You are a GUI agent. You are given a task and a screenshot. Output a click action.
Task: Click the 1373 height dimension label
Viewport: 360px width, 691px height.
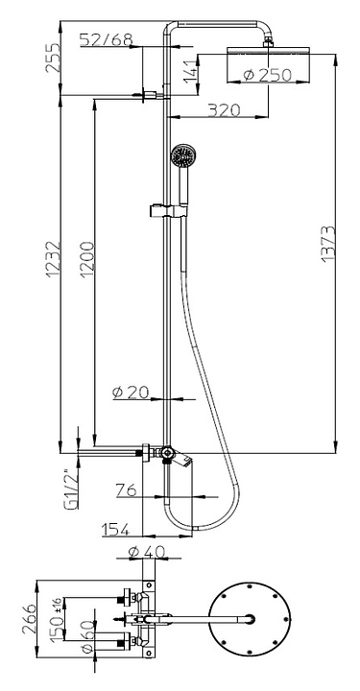point(328,245)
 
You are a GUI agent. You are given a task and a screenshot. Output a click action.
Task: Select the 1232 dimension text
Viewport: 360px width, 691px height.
point(53,259)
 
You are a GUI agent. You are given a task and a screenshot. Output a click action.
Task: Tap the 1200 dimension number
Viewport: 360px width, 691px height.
point(87,259)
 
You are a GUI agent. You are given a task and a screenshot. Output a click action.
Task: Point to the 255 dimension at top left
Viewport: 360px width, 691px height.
point(53,58)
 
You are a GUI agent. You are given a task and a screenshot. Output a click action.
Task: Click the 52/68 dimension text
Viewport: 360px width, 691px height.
point(107,39)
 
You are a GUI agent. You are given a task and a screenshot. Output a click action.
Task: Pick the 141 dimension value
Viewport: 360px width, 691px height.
point(190,72)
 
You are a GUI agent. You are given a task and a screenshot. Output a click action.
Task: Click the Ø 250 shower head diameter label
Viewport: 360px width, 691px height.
point(268,76)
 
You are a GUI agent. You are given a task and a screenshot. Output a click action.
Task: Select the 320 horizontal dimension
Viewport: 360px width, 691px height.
point(225,109)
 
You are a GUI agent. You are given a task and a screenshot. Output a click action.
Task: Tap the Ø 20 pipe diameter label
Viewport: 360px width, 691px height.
point(132,392)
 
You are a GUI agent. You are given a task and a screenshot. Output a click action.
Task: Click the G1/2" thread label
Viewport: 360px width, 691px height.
point(71,489)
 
